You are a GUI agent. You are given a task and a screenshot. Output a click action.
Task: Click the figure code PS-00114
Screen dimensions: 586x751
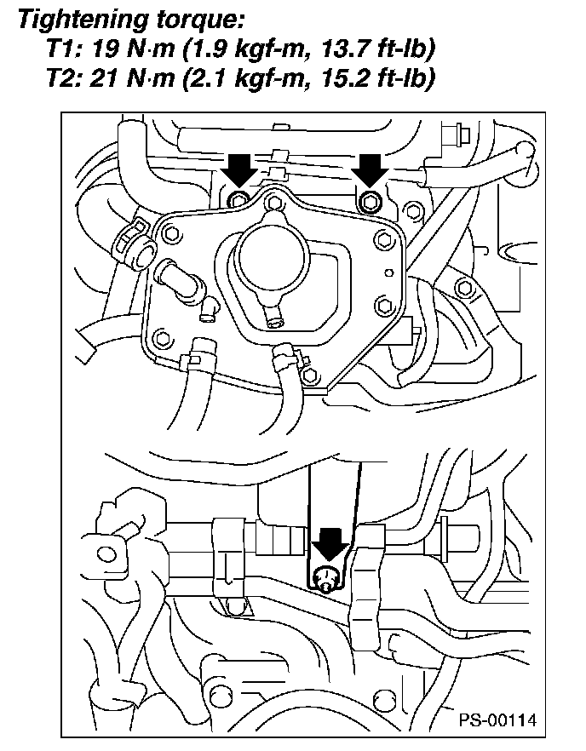click(500, 720)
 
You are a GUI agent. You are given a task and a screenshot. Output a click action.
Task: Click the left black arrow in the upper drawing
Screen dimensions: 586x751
click(241, 170)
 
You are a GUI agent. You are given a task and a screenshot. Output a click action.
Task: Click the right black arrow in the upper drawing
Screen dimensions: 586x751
click(370, 170)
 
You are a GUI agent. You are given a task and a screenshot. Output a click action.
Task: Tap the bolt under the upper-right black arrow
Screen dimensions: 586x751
click(369, 201)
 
